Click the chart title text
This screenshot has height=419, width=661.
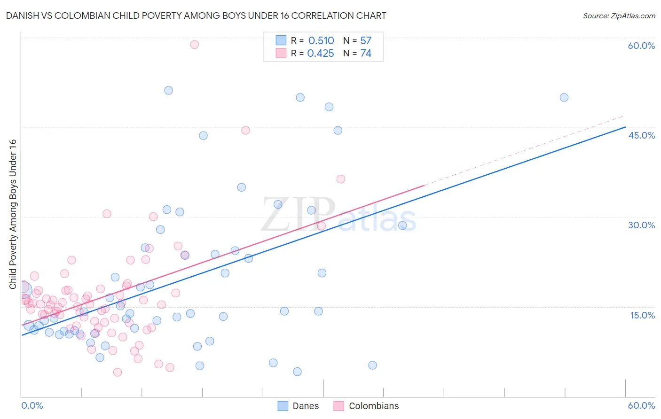pyautogui.click(x=196, y=16)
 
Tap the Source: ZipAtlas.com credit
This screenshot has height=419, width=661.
pyautogui.click(x=619, y=16)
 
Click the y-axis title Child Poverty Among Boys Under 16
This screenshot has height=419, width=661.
pyautogui.click(x=13, y=214)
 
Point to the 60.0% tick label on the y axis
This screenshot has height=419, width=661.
pyautogui.click(x=641, y=46)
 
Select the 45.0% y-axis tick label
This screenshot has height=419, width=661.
pyautogui.click(x=641, y=135)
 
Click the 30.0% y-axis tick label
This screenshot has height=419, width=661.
pyautogui.click(x=641, y=225)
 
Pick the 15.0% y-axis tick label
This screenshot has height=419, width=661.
pyautogui.click(x=642, y=315)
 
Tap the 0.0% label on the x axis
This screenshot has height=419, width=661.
pyautogui.click(x=32, y=405)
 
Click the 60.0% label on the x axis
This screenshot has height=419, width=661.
pyautogui.click(x=641, y=405)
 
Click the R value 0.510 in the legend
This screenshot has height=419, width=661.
pyautogui.click(x=321, y=41)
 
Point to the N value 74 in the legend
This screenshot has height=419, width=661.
pyautogui.click(x=366, y=54)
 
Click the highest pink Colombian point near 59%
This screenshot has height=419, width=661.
pyautogui.click(x=194, y=45)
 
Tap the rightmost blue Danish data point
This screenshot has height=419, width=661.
pyautogui.click(x=564, y=98)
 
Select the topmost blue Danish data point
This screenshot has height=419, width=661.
pyautogui.click(x=169, y=90)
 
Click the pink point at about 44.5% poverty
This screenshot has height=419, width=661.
pyautogui.click(x=245, y=131)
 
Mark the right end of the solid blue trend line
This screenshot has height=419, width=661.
pyautogui.click(x=625, y=127)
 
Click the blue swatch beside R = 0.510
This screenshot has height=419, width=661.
pyautogui.click(x=281, y=40)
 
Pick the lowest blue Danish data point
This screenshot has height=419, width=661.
pyautogui.click(x=297, y=372)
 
